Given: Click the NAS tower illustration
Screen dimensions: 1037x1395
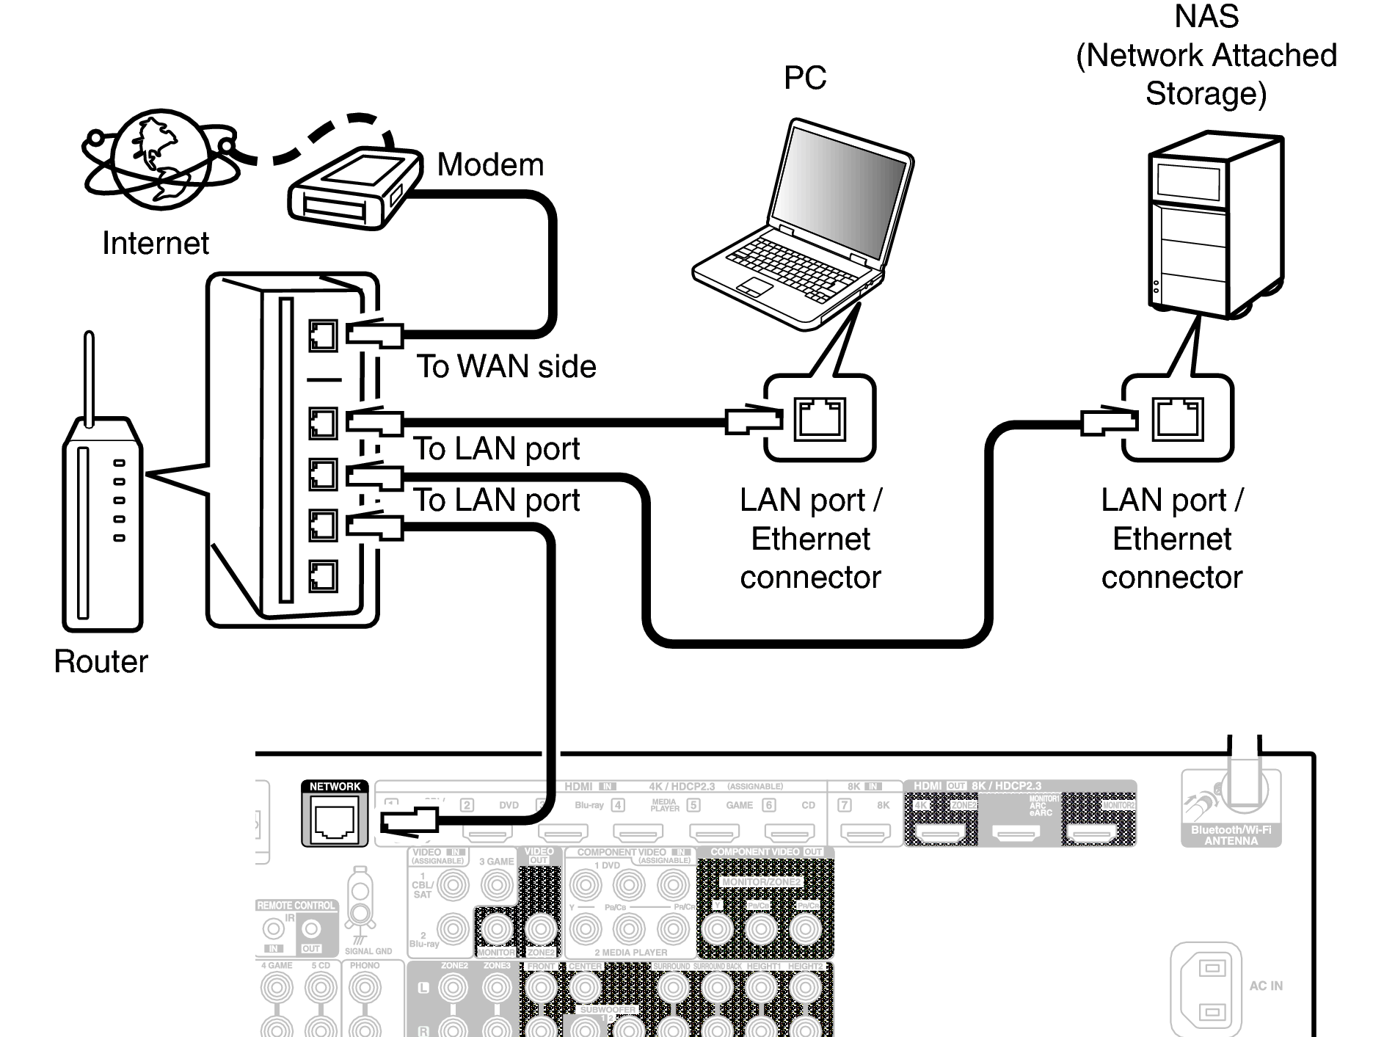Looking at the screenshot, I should [1214, 224].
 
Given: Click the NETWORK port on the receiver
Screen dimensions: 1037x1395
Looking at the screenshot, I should [335, 822].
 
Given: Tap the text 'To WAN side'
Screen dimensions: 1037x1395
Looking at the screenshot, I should [506, 366].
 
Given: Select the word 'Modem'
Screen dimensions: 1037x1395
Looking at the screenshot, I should [490, 164].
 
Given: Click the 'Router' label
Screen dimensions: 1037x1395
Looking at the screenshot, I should [101, 661].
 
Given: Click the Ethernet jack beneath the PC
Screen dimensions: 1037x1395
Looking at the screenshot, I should [820, 418].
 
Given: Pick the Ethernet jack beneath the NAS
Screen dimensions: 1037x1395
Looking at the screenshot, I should [1178, 418].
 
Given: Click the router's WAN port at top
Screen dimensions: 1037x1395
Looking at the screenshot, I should [323, 336].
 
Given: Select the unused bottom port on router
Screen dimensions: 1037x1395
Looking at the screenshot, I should [323, 576].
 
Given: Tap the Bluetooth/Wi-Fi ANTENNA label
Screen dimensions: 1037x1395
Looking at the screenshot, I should [1231, 835].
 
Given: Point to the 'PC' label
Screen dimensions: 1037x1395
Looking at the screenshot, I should [804, 78].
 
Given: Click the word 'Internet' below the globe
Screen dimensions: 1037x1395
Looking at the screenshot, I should [155, 243].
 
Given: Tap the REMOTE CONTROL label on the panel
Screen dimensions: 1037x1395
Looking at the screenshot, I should [296, 906].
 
